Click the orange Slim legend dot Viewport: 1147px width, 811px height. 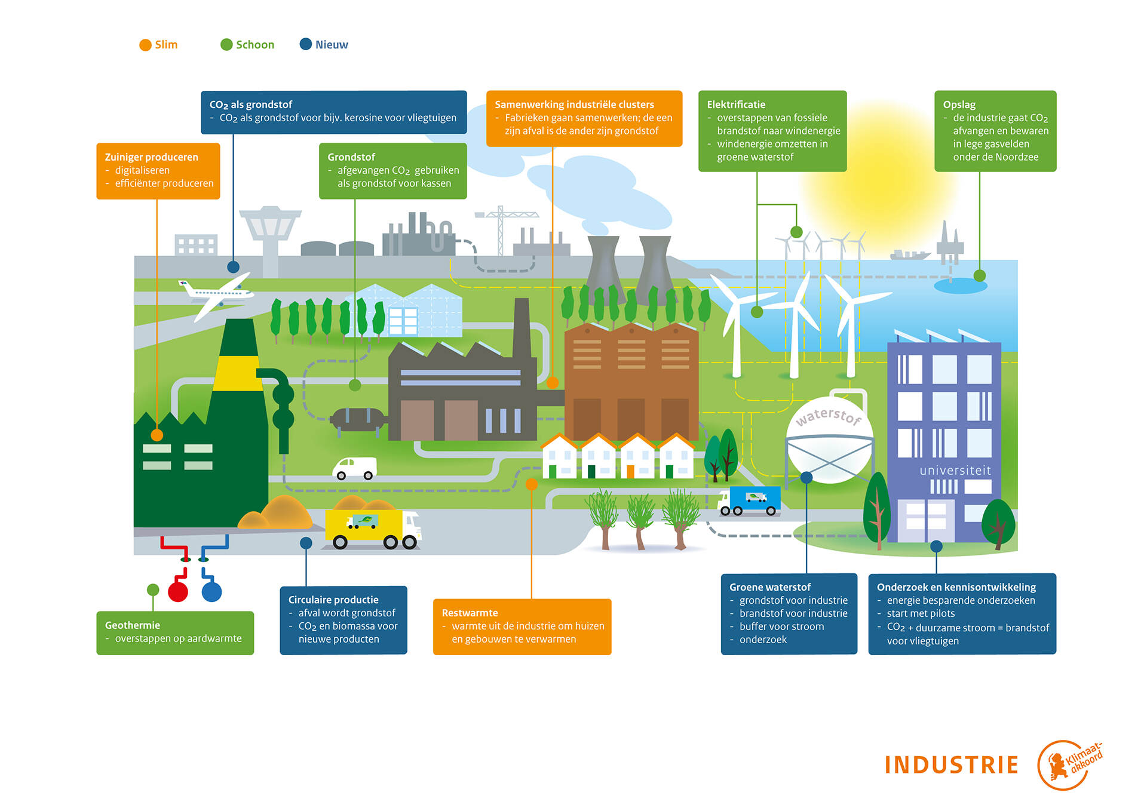click(x=145, y=45)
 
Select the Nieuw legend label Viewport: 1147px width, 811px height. click(x=332, y=45)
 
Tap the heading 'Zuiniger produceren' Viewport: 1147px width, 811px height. click(x=151, y=157)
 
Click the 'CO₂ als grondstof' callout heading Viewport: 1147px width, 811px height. click(x=251, y=105)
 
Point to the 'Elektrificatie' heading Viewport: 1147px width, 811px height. click(x=736, y=105)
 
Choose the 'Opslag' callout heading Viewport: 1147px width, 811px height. click(x=959, y=105)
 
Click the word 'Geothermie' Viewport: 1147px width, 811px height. click(x=133, y=625)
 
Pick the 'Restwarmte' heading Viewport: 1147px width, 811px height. click(x=470, y=613)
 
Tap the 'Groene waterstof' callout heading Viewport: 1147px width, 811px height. click(x=770, y=587)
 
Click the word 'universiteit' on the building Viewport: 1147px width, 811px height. click(x=955, y=471)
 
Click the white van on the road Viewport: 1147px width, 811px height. click(x=355, y=468)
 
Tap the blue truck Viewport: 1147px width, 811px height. click(x=750, y=500)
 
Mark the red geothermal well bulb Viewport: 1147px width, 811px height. click(x=178, y=591)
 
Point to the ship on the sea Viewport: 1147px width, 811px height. click(x=910, y=255)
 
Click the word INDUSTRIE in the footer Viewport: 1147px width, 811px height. click(x=951, y=765)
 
